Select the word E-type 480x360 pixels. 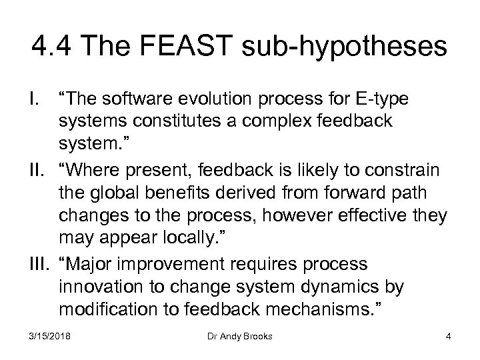pos(380,99)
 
